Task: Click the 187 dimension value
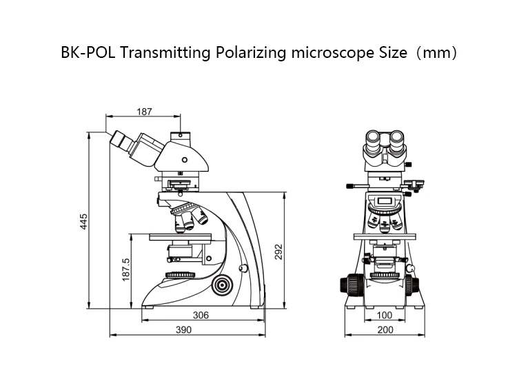pyautogui.click(x=144, y=111)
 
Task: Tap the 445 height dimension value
pyautogui.click(x=83, y=221)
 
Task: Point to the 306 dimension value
pyautogui.click(x=201, y=315)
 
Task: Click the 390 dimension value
pyautogui.click(x=183, y=330)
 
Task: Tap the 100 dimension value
pyautogui.click(x=386, y=315)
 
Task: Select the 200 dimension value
pyautogui.click(x=386, y=330)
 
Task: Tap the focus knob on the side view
pyautogui.click(x=222, y=283)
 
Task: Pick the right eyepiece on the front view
pyautogui.click(x=398, y=142)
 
